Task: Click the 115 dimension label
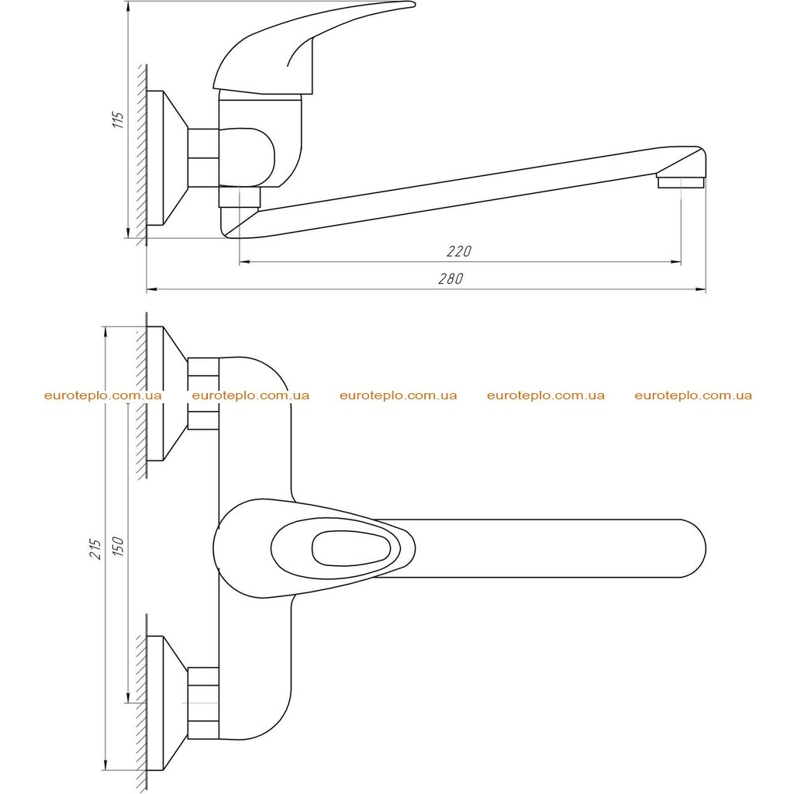pos(118,119)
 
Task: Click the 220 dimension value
pos(459,251)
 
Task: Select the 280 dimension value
pos(451,278)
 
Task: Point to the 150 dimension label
pos(118,547)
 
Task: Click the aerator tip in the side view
pos(681,182)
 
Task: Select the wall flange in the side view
pos(167,158)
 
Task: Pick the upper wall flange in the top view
pos(167,393)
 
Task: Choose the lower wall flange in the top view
pos(167,703)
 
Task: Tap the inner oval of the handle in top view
pos(351,549)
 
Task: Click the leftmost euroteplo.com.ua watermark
pos(103,395)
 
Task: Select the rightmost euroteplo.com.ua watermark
pos(693,395)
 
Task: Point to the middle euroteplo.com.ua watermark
pos(399,395)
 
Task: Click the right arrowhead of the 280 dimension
pos(701,290)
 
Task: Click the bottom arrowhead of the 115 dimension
pos(129,232)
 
